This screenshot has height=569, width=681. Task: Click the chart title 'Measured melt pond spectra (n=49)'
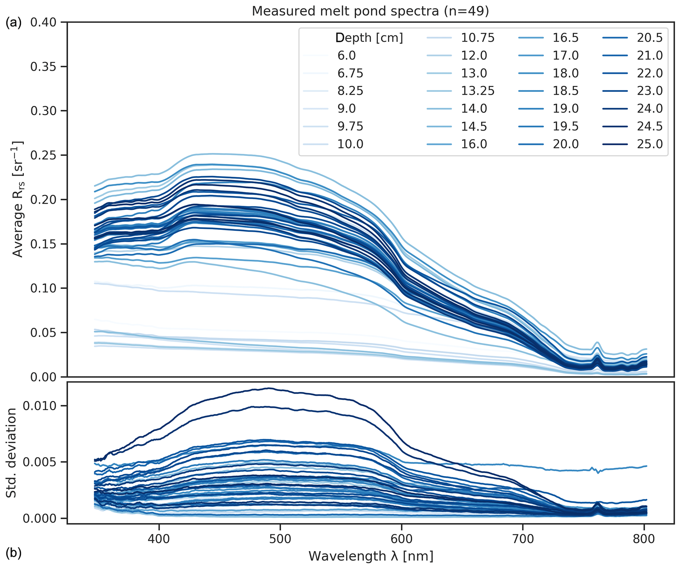pyautogui.click(x=370, y=11)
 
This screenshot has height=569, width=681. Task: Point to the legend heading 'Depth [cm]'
pyautogui.click(x=369, y=38)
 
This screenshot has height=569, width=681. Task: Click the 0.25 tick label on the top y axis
pyautogui.click(x=43, y=155)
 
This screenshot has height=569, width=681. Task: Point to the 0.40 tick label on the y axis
pyautogui.click(x=43, y=22)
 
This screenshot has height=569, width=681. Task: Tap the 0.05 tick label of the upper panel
pyautogui.click(x=43, y=333)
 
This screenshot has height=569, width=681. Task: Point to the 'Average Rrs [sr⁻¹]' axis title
pyautogui.click(x=18, y=199)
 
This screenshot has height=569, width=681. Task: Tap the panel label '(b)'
pyautogui.click(x=14, y=553)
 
